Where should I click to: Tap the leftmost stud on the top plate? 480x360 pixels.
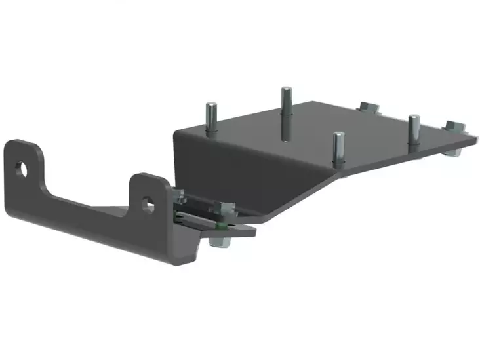click(210, 118)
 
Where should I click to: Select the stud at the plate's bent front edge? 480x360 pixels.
click(338, 149)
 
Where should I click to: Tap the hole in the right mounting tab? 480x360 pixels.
click(149, 206)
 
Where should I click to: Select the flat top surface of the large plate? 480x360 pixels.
click(315, 131)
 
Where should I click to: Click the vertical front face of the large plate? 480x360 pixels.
click(249, 170)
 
